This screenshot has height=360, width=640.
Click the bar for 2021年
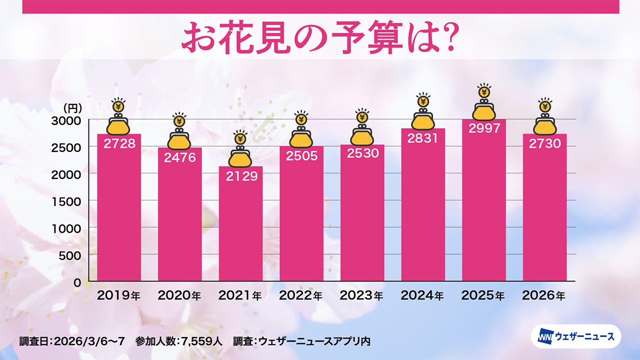[x=240, y=225]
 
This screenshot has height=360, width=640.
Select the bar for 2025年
[x=483, y=205]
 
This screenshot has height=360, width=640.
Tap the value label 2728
[x=119, y=143]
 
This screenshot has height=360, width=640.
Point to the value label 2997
[x=483, y=128]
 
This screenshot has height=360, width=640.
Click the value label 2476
[x=179, y=157]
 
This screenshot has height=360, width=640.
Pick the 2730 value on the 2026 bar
[x=544, y=143]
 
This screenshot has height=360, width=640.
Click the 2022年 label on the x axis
[x=301, y=295]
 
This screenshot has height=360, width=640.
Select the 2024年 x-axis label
[x=422, y=295]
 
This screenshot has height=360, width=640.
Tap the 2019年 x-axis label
[x=119, y=295]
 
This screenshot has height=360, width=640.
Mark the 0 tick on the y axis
[x=77, y=282]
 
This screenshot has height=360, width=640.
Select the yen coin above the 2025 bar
[x=483, y=92]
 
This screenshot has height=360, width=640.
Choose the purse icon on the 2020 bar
[x=179, y=139]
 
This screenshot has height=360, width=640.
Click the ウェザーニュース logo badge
[x=575, y=336]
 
